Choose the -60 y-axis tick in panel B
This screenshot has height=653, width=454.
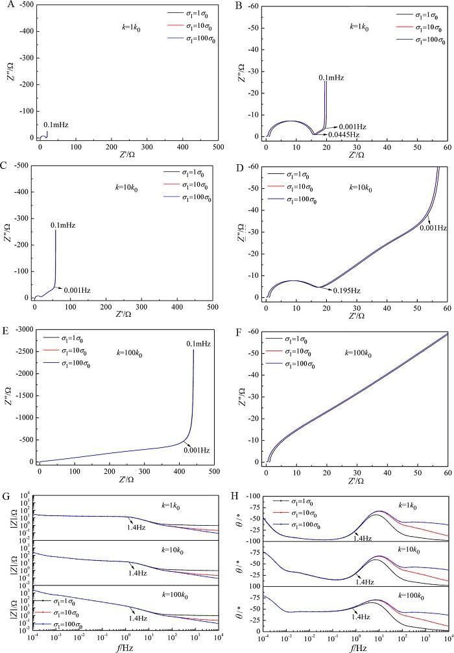[x=255, y=6]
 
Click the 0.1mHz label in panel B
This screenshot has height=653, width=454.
[x=331, y=78]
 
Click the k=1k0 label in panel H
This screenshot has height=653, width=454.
[x=406, y=504]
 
